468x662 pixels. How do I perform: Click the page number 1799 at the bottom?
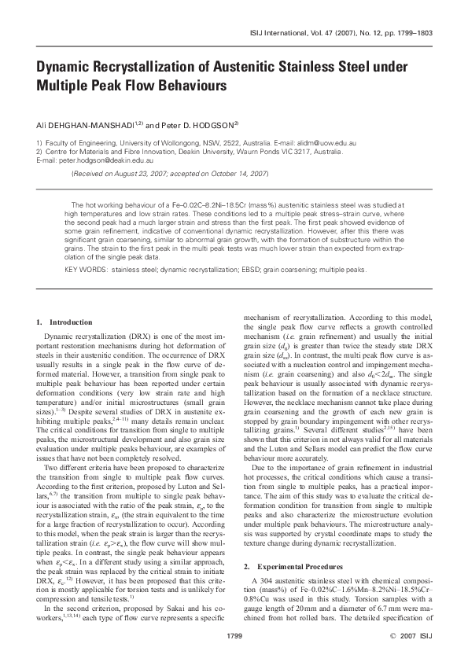234,634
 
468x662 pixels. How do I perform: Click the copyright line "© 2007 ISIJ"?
407,634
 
